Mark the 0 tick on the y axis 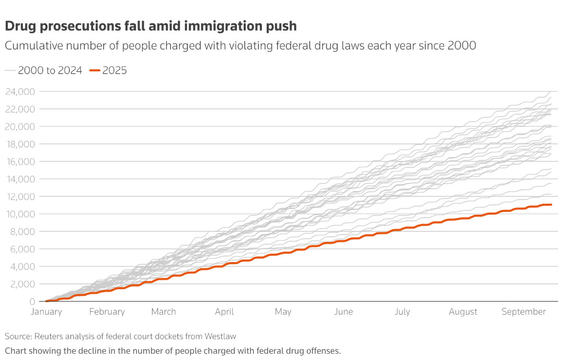tap(32, 302)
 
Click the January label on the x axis tap(46, 312)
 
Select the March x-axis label tap(163, 312)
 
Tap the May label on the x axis tap(283, 312)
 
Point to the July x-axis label tap(402, 312)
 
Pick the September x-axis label tap(523, 312)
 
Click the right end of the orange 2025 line tap(551, 205)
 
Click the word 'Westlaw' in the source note tap(220, 337)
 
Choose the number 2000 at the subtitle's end tap(462, 46)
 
